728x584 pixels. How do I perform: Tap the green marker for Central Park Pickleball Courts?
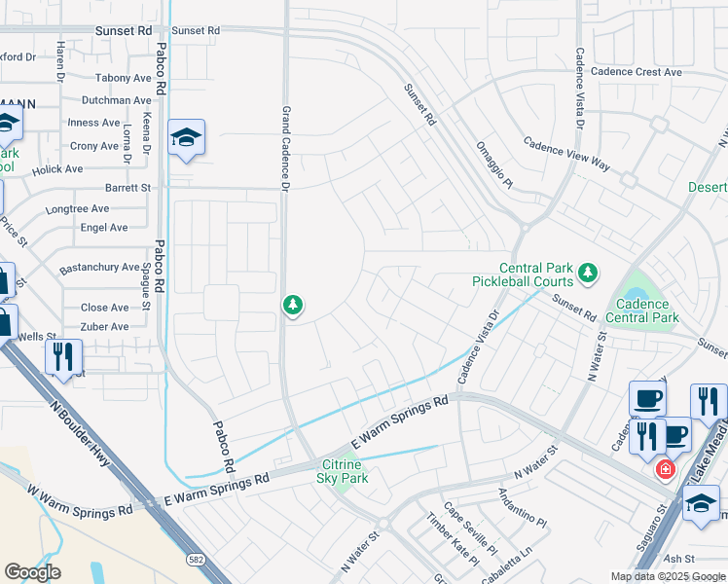pos(587,274)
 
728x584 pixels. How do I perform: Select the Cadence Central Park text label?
pos(642,310)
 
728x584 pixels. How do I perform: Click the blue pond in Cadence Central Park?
pos(637,292)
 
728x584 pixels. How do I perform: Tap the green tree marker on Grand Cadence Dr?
pos(292,306)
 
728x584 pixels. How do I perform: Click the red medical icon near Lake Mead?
pos(665,469)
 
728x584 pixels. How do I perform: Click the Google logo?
pos(32,572)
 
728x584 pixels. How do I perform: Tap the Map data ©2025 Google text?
pos(668,576)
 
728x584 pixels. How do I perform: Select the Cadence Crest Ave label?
pos(637,72)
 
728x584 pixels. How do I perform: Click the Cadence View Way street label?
pos(566,154)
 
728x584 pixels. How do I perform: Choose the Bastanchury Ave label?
pos(99,267)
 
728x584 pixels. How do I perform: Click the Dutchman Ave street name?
pos(117,100)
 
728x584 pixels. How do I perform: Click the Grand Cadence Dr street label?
pos(287,148)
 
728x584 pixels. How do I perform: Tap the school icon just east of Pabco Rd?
pos(186,138)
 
